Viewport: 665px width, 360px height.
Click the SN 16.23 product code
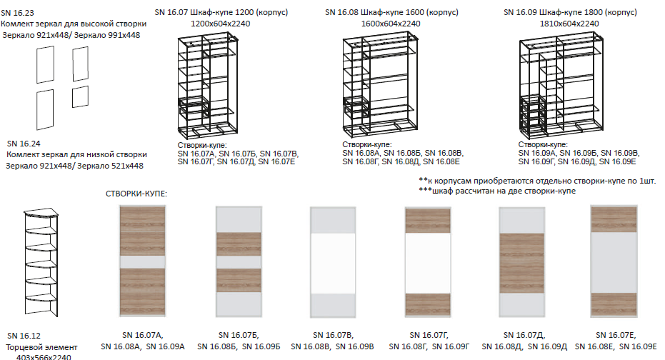[x=17, y=13]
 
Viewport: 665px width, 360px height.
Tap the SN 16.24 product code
[x=24, y=144]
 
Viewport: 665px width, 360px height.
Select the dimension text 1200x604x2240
[x=221, y=24]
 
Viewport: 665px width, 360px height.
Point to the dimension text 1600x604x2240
[x=391, y=24]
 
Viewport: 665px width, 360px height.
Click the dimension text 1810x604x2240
[x=569, y=24]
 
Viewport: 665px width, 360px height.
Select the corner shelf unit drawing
[x=41, y=262]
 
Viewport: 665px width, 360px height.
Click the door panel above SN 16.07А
[x=143, y=261]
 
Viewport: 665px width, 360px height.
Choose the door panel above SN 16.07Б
[x=239, y=261]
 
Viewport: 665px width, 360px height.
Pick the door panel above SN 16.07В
[x=333, y=262]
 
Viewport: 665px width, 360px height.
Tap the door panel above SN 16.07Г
[x=428, y=262]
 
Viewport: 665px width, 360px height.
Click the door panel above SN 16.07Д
[x=522, y=262]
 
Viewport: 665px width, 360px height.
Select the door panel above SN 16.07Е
[x=614, y=261]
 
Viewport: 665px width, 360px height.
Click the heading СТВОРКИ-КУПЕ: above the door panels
[x=136, y=194]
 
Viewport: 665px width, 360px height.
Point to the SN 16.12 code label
[x=24, y=336]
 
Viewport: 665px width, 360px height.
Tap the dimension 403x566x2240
[x=44, y=357]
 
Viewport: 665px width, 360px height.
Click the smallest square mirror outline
[x=80, y=96]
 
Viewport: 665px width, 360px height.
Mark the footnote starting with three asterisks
[x=497, y=191]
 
